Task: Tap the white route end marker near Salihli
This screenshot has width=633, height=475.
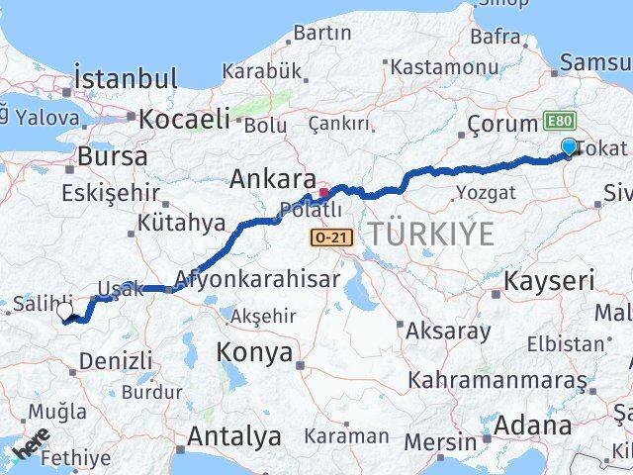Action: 65,312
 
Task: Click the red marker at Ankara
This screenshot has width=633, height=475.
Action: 323,192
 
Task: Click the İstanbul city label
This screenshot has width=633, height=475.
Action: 126,78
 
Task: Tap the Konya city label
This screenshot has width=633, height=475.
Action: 255,353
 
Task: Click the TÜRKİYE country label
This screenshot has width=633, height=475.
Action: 430,235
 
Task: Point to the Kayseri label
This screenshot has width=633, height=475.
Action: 549,281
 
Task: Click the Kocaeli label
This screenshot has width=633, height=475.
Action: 185,119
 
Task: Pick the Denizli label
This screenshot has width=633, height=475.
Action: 116,361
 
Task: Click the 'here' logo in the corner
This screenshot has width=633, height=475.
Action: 30,447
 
